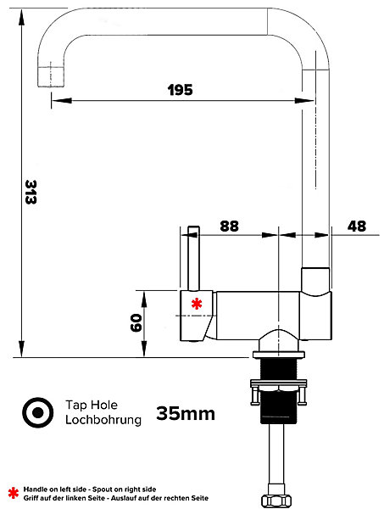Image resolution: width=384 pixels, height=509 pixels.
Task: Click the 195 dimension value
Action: point(181,90)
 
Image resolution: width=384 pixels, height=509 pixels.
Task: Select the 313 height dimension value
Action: point(31,192)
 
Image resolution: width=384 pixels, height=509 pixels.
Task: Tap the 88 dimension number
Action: point(229,226)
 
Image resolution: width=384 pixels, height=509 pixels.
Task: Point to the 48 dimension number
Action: point(357,226)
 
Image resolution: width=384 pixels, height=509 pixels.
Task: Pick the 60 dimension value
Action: point(136,322)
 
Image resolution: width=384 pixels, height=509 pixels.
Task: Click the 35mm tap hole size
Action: point(186,414)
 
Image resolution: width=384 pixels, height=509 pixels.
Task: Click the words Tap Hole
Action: point(92,405)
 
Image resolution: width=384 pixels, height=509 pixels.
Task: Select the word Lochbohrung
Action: point(103,419)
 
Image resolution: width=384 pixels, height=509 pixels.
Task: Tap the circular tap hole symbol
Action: point(38,412)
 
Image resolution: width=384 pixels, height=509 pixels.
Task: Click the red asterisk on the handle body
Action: point(197,305)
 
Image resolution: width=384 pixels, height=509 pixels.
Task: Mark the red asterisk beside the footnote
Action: point(14,493)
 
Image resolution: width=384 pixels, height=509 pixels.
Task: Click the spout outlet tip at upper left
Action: point(51,77)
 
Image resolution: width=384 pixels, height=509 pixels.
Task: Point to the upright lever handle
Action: point(193,258)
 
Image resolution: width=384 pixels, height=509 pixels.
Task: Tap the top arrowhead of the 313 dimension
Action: point(21,17)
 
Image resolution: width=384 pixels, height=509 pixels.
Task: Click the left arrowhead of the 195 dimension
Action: point(61,100)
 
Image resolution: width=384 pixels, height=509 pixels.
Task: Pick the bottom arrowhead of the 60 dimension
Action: point(144,349)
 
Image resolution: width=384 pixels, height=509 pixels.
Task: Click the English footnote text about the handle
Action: point(90,489)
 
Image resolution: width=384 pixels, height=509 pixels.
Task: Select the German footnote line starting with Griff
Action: point(116,498)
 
